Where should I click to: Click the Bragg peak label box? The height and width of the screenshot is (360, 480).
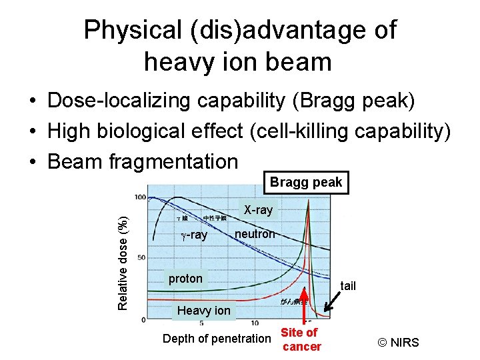coord(306,182)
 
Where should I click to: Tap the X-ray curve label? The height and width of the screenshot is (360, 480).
coord(257,210)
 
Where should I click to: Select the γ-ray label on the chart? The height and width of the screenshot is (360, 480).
coord(195,235)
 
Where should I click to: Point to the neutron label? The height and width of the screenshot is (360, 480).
coord(254,234)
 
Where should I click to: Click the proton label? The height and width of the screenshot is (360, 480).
coord(185,279)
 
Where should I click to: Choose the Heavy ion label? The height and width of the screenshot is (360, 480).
coord(203,310)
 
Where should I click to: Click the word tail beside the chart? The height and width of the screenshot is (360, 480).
coord(348,286)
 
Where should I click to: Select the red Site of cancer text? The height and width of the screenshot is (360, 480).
coord(301,339)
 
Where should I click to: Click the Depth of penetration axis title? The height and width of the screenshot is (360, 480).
coord(217,339)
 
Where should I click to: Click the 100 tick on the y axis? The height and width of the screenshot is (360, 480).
coord(140,197)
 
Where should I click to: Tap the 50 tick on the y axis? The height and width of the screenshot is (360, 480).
coord(141,257)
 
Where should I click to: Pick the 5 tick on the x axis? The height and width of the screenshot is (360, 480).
coord(201,323)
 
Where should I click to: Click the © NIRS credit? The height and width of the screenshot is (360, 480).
coord(399,343)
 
